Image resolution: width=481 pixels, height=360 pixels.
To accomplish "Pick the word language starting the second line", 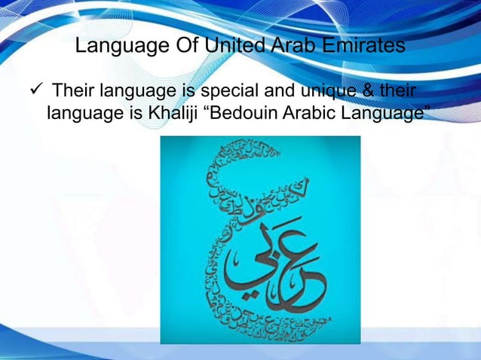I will pos(82,114).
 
